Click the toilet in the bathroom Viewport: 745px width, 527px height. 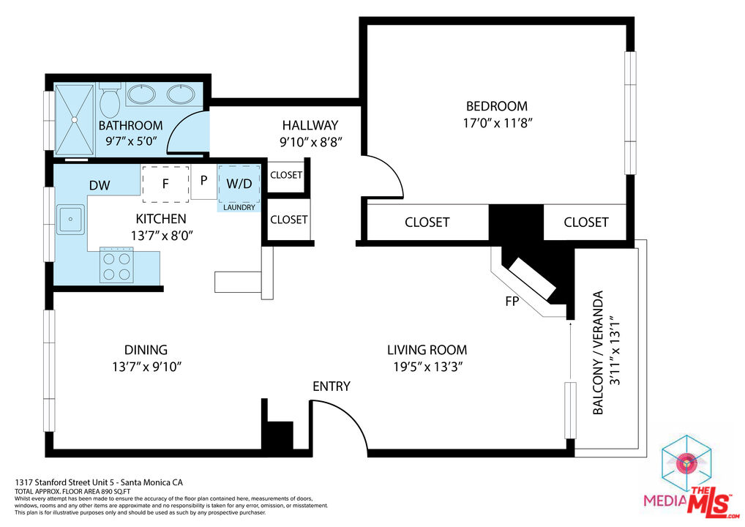(110, 100)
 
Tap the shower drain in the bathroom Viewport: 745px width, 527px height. (74, 120)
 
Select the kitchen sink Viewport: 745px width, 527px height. (71, 219)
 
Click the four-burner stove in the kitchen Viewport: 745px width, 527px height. (116, 266)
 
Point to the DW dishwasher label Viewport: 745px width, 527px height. (100, 185)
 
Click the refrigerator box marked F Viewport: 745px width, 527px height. (165, 184)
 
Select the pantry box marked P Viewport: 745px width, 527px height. (204, 182)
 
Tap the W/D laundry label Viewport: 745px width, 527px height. (239, 184)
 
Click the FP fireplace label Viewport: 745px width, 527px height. (512, 302)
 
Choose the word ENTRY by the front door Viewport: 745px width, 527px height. (332, 386)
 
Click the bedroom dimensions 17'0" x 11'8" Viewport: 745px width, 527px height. (498, 123)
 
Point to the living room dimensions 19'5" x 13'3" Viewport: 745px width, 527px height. (427, 367)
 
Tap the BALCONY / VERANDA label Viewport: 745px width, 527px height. (598, 353)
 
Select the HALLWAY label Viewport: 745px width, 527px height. (310, 125)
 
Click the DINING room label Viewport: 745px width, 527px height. (146, 350)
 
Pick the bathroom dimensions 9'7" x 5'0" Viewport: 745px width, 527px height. (131, 141)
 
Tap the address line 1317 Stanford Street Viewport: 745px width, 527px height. (99, 482)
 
